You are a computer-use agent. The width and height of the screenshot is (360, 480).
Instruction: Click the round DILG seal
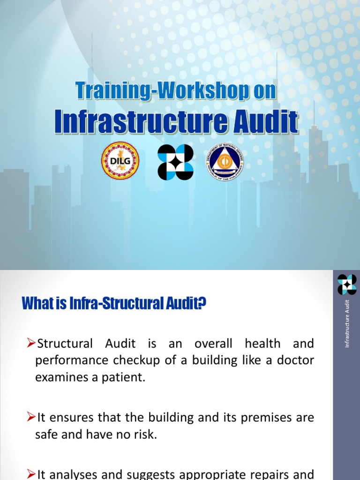pos(120,161)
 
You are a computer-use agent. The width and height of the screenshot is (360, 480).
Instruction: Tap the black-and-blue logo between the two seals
pos(175,162)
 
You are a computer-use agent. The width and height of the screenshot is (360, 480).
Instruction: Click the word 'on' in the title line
pos(264,90)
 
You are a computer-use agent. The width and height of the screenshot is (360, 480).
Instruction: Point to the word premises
pos(270,417)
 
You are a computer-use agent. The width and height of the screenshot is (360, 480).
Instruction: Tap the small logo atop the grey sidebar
pos(347,285)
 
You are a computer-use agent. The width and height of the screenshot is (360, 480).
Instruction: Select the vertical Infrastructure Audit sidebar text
pos(347,323)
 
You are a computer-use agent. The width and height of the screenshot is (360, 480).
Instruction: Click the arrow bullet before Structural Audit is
pos(31,344)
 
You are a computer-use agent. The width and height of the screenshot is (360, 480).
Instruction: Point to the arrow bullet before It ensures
pos(31,417)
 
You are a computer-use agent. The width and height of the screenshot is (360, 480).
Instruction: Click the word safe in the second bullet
pos(46,435)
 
